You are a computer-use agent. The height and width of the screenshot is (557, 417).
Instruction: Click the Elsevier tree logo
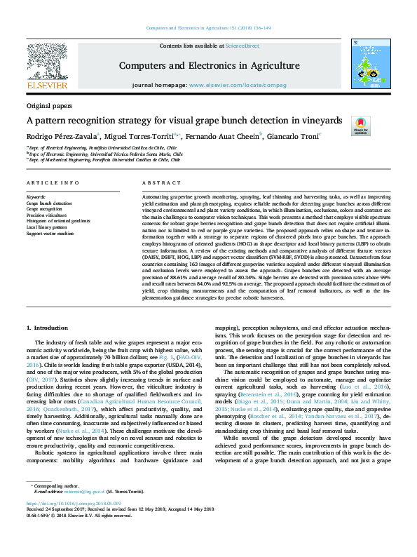(47, 64)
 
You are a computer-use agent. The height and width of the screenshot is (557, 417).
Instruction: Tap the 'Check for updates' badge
(360, 126)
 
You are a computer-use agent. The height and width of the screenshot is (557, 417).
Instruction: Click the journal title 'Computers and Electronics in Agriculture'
(210, 66)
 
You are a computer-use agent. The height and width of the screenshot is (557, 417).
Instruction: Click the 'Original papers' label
(48, 106)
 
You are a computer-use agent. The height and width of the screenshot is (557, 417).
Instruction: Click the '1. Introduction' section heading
(47, 328)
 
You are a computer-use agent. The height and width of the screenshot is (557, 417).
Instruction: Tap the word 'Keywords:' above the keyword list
(36, 197)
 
